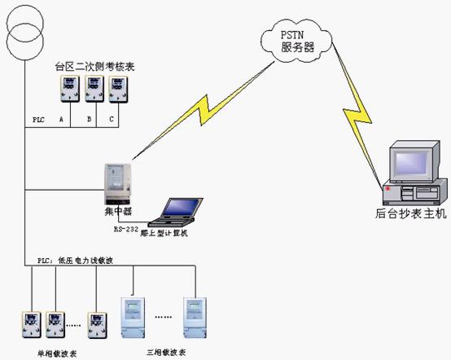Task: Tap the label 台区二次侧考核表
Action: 94,65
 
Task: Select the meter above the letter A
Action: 67,90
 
